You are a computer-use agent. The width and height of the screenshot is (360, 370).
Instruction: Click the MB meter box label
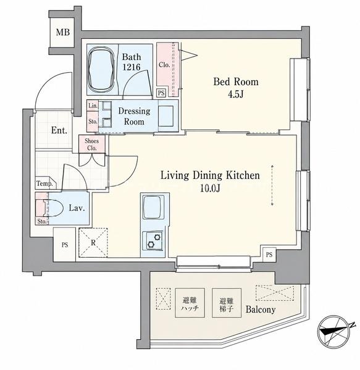pyautogui.click(x=63, y=32)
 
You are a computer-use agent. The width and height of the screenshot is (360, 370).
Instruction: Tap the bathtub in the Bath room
pyautogui.click(x=101, y=69)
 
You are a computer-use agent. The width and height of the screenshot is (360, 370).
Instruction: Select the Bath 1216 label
pyautogui.click(x=132, y=62)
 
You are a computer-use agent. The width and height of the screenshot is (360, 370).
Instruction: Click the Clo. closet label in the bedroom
pyautogui.click(x=164, y=64)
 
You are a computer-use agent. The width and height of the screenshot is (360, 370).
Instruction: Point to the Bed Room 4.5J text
pyautogui.click(x=236, y=88)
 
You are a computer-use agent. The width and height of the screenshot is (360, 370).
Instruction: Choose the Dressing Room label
pyautogui.click(x=134, y=116)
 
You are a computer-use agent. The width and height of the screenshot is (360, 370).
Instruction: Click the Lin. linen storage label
pyautogui.click(x=93, y=105)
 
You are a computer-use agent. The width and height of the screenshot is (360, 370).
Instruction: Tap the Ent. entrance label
pyautogui.click(x=59, y=130)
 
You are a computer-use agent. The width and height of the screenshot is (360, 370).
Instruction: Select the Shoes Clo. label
pyautogui.click(x=91, y=144)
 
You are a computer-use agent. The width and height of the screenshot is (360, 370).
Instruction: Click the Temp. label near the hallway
pyautogui.click(x=44, y=183)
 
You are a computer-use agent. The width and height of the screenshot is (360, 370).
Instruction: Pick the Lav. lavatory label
pyautogui.click(x=77, y=208)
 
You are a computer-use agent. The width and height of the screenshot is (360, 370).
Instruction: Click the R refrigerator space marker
pyautogui.click(x=93, y=242)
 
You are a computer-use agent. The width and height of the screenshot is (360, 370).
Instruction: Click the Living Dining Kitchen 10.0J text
pyautogui.click(x=210, y=181)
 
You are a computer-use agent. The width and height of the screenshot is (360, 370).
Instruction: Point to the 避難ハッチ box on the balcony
pyautogui.click(x=190, y=303)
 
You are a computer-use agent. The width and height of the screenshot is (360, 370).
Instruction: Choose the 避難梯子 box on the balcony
pyautogui.click(x=227, y=303)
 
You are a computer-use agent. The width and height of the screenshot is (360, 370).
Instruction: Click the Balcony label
pyautogui.click(x=261, y=310)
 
